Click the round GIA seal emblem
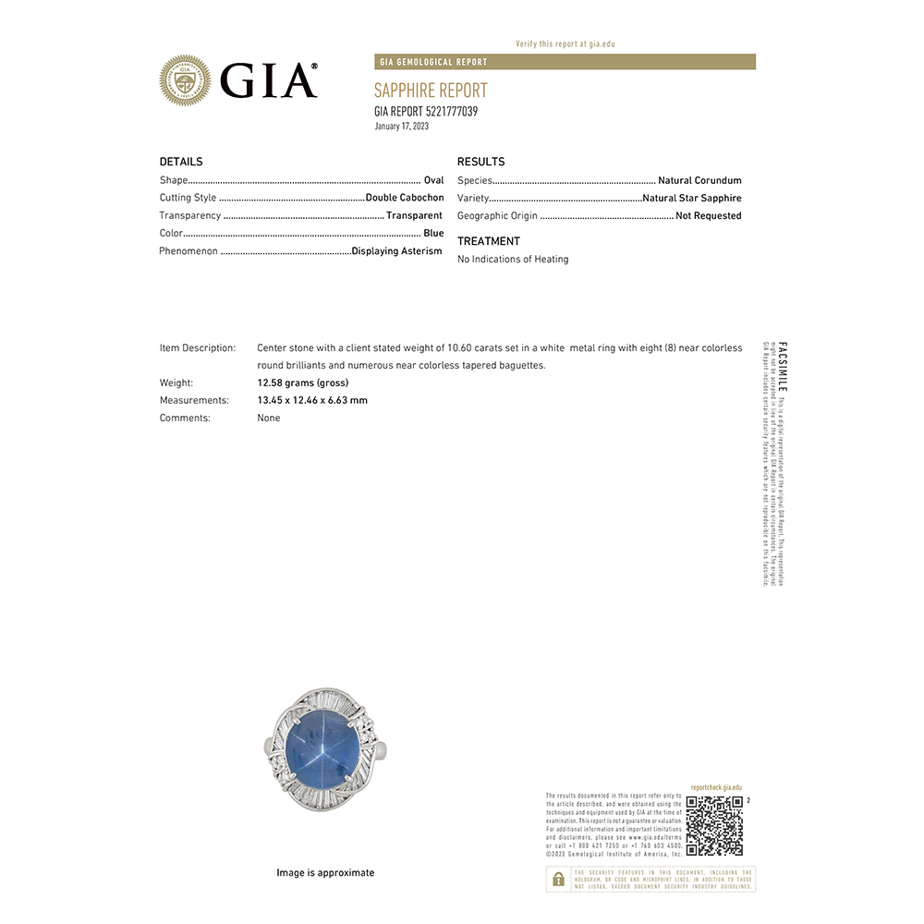coord(185,80)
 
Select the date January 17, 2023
coord(402,127)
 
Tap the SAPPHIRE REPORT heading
coord(431,91)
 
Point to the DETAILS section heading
coord(181,162)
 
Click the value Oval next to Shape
coord(433,180)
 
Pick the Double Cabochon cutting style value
coord(405,198)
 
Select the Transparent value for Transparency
coord(414,215)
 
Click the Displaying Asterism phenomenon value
coord(397,251)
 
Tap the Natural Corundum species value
coord(699,180)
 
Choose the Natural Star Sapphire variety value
coord(692,198)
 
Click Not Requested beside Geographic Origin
coord(709,216)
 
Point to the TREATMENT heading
coord(489,241)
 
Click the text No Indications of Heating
coord(513,260)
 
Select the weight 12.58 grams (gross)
coord(303,383)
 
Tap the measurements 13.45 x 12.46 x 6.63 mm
coord(312,400)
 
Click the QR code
coord(714,825)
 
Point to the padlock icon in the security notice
coord(558,879)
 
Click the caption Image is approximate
coord(325,872)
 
